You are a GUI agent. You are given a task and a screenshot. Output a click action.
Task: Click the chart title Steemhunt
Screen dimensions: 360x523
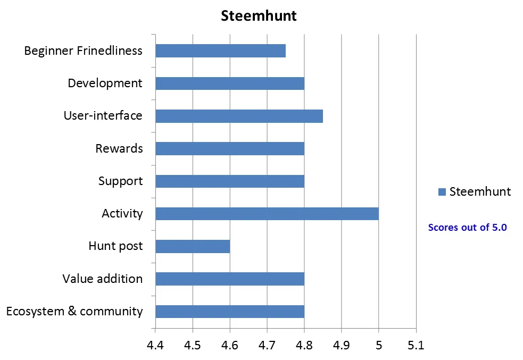(259, 16)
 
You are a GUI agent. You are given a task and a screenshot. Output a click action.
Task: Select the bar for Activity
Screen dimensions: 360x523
(267, 214)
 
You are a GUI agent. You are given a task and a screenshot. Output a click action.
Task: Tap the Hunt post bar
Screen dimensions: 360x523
(192, 246)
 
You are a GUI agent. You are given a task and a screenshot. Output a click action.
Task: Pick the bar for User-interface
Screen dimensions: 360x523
(239, 116)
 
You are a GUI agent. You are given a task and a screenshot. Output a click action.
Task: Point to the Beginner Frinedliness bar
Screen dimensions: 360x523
(220, 51)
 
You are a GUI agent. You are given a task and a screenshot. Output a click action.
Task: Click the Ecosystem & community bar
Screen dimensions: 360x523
(229, 312)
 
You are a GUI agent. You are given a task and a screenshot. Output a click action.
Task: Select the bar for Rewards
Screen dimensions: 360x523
(229, 148)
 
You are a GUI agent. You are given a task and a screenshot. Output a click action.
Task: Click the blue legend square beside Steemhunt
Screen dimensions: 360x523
(442, 192)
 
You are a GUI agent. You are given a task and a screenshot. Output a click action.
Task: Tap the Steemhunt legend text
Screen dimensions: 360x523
(480, 192)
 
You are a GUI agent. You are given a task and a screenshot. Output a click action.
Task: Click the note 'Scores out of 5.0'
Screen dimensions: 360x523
(467, 228)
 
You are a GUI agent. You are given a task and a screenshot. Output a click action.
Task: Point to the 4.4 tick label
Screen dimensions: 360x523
(155, 346)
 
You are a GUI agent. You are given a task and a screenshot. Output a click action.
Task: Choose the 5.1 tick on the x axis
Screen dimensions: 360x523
(416, 346)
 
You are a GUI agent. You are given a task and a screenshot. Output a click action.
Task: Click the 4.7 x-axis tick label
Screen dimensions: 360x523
(267, 346)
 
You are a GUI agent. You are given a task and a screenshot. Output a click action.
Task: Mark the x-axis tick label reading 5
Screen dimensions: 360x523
(378, 346)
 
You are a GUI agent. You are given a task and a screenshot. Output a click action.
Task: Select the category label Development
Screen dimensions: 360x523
(105, 83)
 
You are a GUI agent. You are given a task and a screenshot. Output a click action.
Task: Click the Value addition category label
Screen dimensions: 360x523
(102, 279)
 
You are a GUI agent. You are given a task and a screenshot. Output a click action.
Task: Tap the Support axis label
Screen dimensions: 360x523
(120, 181)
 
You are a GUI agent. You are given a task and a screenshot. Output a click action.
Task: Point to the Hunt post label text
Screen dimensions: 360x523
(115, 246)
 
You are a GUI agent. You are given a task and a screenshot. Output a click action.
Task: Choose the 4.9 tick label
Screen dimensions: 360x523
(341, 346)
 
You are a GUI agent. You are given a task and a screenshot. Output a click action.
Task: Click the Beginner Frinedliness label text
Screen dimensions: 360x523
(84, 51)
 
